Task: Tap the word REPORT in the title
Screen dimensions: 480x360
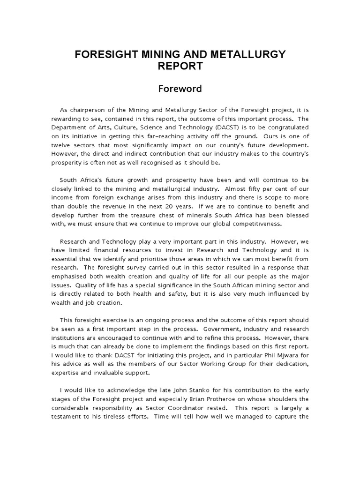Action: pos(180,66)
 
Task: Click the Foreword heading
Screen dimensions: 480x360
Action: pos(180,89)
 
